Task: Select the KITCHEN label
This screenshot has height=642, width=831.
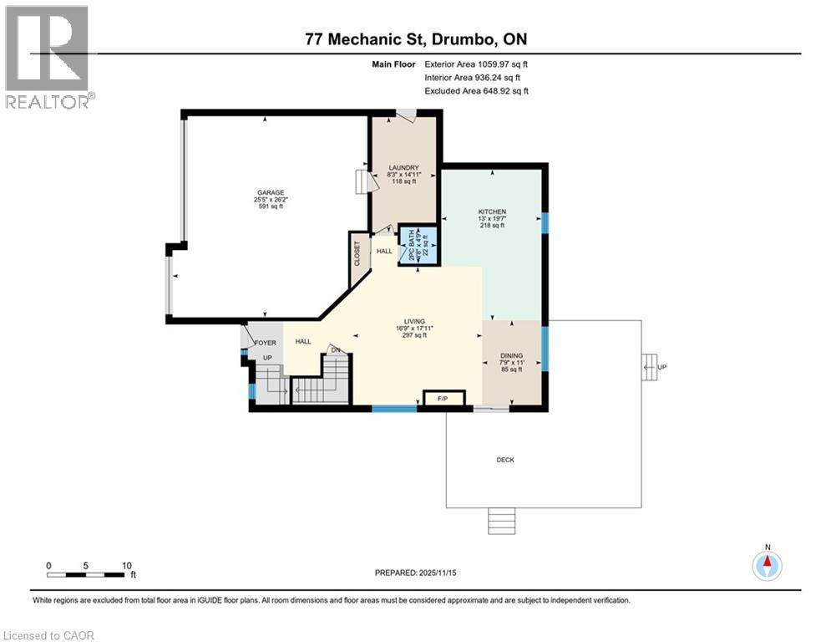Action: pos(492,211)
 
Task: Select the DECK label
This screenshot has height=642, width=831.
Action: pos(505,459)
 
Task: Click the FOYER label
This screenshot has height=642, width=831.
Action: pos(266,342)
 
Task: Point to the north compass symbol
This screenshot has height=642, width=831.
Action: pos(766,565)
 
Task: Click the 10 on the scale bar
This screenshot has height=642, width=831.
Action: pos(126,566)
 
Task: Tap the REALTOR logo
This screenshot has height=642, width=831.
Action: pos(48,55)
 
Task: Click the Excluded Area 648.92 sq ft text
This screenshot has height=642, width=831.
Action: pos(476,91)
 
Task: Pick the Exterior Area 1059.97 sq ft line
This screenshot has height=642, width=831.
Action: pos(476,64)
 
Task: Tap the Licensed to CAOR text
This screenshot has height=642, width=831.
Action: pos(49,635)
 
